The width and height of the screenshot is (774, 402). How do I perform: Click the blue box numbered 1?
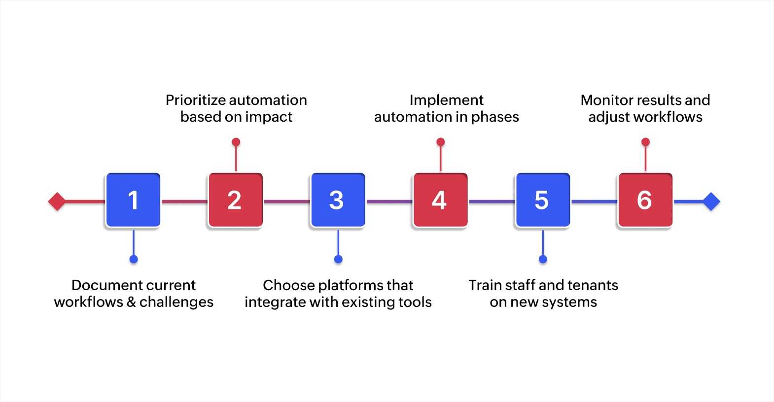point(133,200)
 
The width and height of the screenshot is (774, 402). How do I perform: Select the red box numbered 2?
point(235,200)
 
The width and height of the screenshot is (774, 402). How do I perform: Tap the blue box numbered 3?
point(338,200)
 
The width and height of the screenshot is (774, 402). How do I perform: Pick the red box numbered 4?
point(440,200)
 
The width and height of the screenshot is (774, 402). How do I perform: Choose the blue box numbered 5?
point(542,200)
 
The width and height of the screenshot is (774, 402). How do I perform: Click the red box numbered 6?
point(645,200)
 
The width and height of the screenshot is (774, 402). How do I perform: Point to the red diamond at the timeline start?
point(57,201)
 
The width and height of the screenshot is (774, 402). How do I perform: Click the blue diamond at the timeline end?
point(711,201)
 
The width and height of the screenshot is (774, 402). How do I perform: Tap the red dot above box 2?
point(236,142)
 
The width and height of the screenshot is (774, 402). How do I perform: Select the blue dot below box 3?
point(338,259)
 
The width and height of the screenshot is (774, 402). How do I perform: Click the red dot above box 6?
point(645,142)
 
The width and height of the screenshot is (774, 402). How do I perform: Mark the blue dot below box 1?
point(134,259)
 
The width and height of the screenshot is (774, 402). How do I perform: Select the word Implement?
point(446,100)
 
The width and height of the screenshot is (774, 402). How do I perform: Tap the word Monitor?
point(606,100)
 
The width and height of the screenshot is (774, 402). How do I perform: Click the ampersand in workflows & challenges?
point(131,302)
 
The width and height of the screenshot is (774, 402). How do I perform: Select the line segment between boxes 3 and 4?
point(389,201)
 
